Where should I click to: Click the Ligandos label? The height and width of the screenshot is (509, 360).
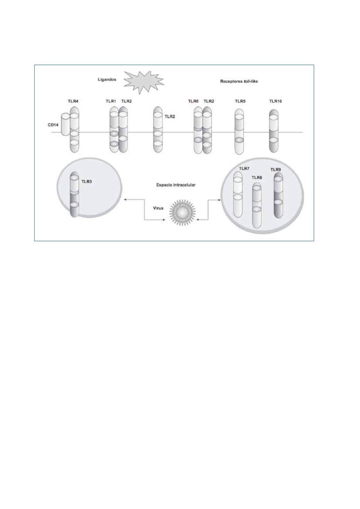[107, 80]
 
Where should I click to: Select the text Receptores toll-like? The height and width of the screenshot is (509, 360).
[239, 81]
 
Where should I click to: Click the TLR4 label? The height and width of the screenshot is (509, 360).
[73, 101]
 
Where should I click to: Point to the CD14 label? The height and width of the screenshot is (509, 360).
[53, 125]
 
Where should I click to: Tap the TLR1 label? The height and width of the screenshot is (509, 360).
[111, 101]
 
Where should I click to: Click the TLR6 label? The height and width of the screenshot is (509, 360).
[193, 101]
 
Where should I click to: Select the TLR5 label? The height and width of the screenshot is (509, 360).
[240, 101]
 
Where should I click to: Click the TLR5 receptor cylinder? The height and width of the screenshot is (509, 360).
[239, 131]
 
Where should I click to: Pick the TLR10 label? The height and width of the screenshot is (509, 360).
[276, 101]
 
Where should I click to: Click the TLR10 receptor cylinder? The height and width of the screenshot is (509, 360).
[274, 131]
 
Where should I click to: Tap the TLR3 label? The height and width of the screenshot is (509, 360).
[87, 182]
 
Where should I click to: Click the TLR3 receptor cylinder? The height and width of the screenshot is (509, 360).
[74, 194]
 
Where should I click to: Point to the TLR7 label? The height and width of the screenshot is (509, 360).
[244, 169]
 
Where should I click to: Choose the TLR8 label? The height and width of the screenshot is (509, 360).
[257, 178]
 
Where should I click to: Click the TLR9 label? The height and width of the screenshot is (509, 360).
[276, 170]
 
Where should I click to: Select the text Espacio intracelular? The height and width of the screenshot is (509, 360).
[176, 185]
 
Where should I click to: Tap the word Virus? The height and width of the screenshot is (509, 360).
[158, 208]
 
